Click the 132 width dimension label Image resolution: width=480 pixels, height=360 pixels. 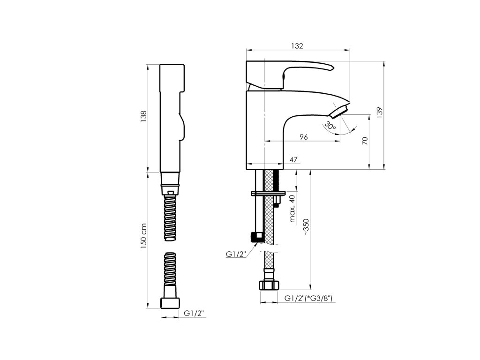pyautogui.click(x=297, y=45)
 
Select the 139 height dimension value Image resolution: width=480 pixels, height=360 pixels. pyautogui.click(x=380, y=112)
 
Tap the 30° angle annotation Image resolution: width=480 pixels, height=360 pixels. pyautogui.click(x=330, y=126)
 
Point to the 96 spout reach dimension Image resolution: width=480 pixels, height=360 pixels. pyautogui.click(x=303, y=137)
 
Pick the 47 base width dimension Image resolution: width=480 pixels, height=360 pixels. pyautogui.click(x=294, y=160)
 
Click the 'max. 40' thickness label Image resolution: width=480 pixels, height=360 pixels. pyautogui.click(x=292, y=209)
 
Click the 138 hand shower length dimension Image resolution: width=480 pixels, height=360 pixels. pyautogui.click(x=143, y=117)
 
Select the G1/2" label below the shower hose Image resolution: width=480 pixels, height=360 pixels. pyautogui.click(x=194, y=313)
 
